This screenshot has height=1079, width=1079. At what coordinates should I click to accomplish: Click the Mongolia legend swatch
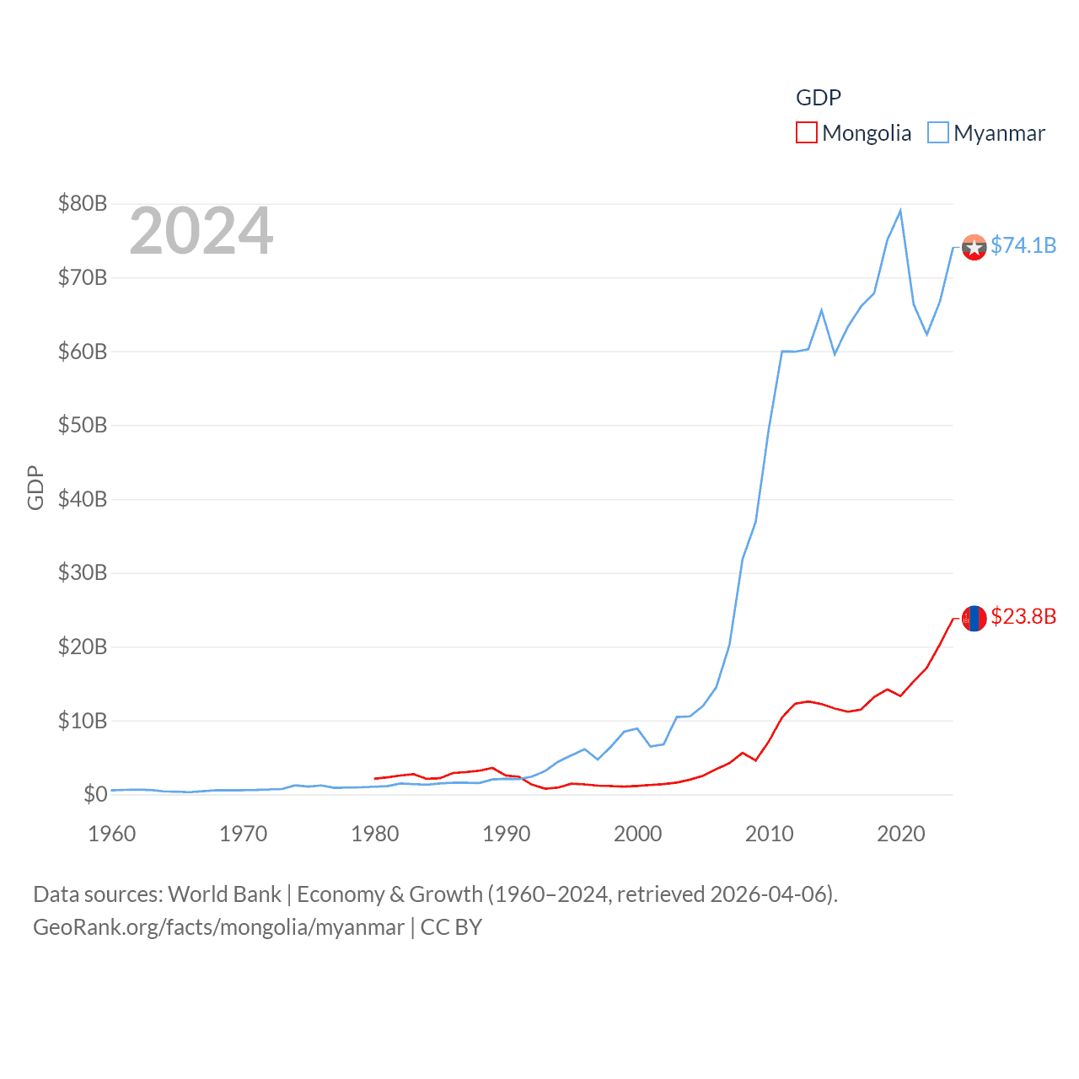point(807,133)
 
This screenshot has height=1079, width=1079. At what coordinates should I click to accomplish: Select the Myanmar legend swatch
point(938,133)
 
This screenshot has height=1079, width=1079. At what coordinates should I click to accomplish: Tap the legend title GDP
point(818,98)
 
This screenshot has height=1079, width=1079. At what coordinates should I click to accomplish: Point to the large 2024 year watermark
point(201,231)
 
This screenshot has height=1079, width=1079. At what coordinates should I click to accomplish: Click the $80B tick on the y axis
point(83,203)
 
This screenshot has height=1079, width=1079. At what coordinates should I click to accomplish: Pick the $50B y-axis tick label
point(83,425)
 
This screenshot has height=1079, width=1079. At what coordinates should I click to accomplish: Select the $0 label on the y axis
point(95,794)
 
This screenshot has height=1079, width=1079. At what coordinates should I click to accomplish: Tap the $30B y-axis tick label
point(83,572)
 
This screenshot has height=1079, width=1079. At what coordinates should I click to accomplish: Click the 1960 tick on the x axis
point(112,834)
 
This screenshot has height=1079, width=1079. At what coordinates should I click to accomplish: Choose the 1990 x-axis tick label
point(507,834)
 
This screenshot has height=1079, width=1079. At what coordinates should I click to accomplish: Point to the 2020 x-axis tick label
point(901,834)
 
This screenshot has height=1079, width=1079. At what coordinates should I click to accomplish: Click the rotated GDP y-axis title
point(35,487)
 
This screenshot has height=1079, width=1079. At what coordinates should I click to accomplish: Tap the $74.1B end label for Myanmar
point(1023,245)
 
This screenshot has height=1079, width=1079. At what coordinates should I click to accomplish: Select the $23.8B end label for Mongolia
point(1023,616)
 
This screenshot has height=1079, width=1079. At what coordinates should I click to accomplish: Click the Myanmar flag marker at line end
point(974,247)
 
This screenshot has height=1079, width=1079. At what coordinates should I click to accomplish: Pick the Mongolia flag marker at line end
point(974,618)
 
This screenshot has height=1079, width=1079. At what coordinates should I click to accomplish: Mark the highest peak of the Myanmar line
point(900,211)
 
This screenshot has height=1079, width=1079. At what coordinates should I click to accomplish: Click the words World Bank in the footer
point(224,894)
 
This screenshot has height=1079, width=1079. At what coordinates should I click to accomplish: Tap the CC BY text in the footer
point(451,927)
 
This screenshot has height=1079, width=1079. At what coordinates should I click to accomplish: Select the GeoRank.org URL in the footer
point(218,927)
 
